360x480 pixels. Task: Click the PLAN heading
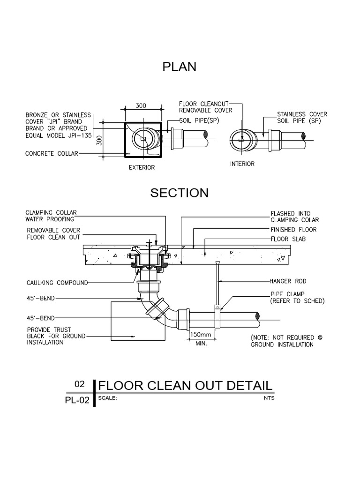(180, 67)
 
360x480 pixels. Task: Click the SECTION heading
(180, 193)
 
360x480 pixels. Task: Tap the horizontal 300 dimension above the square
(142, 106)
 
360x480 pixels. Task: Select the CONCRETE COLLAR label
(52, 153)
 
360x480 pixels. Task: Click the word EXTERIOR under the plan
(142, 167)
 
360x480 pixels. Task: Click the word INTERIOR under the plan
(242, 164)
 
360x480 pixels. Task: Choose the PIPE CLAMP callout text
(286, 294)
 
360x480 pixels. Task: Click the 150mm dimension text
(201, 335)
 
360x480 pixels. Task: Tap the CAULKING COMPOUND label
(57, 283)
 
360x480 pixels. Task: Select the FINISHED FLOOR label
(293, 230)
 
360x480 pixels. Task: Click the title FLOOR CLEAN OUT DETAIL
(186, 386)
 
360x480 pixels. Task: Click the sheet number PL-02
(77, 400)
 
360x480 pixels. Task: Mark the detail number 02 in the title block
(80, 384)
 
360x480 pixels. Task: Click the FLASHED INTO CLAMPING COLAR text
(294, 217)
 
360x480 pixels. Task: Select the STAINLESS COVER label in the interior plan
(302, 114)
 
